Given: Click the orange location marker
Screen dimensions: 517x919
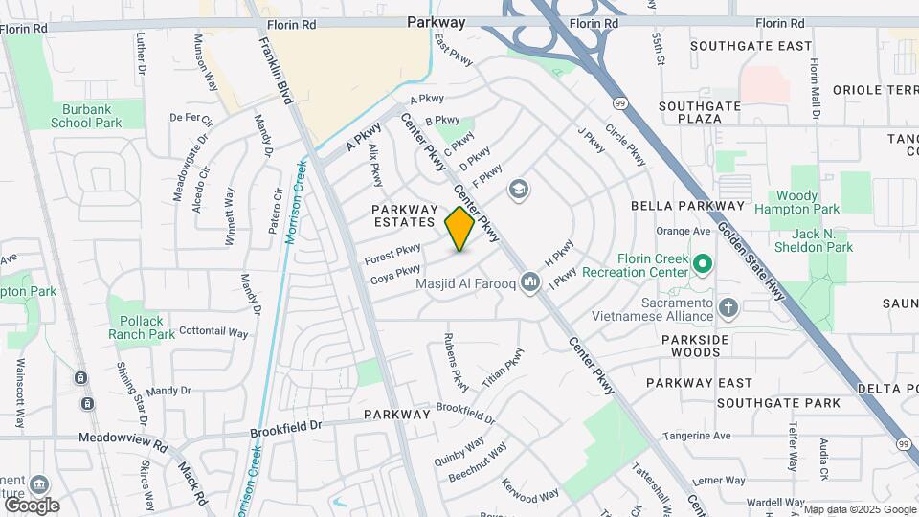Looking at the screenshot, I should pyautogui.click(x=460, y=228).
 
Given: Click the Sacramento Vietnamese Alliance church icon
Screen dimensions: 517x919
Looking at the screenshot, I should pyautogui.click(x=728, y=307).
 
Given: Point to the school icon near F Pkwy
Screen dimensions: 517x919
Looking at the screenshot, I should pyautogui.click(x=519, y=190).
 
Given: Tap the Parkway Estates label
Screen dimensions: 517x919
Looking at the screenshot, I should pyautogui.click(x=404, y=215).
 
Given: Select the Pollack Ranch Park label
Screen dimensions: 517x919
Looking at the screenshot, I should pyautogui.click(x=142, y=327).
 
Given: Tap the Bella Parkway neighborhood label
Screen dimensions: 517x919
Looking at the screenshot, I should pyautogui.click(x=687, y=206).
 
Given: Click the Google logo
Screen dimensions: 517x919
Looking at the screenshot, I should pyautogui.click(x=32, y=505).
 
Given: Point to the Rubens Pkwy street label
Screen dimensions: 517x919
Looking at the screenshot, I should pyautogui.click(x=457, y=362).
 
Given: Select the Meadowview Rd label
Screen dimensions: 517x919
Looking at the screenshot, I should pyautogui.click(x=123, y=447).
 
